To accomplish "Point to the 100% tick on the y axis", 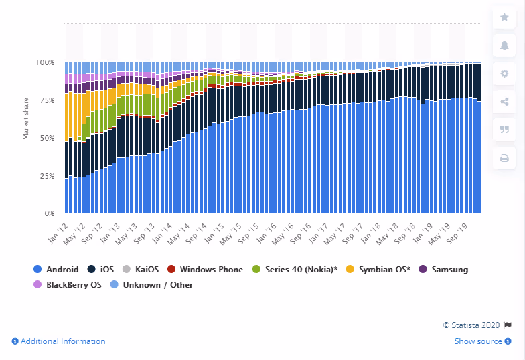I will tap(46, 62).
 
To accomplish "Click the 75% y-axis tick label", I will tap(47, 100).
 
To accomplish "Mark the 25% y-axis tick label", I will tap(47, 176).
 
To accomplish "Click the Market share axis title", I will tap(26, 118).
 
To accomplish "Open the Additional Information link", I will tap(58, 341).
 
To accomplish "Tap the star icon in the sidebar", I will tap(504, 18).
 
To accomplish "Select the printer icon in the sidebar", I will tap(504, 159).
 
